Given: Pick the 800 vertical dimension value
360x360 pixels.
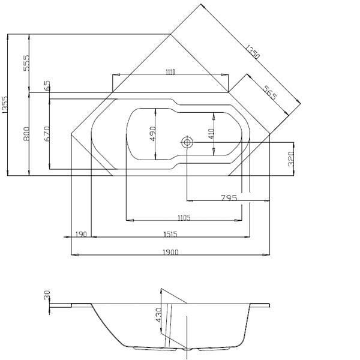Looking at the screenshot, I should [27, 133].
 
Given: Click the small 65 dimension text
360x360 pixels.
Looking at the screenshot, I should [47, 86].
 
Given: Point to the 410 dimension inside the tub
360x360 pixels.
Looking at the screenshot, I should [211, 133].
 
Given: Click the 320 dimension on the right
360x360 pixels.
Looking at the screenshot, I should [290, 158].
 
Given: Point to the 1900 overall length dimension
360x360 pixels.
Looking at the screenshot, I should [170, 253].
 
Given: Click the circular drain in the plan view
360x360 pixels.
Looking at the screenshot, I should [187, 142].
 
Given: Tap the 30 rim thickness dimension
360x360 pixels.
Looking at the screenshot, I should [47, 296].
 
